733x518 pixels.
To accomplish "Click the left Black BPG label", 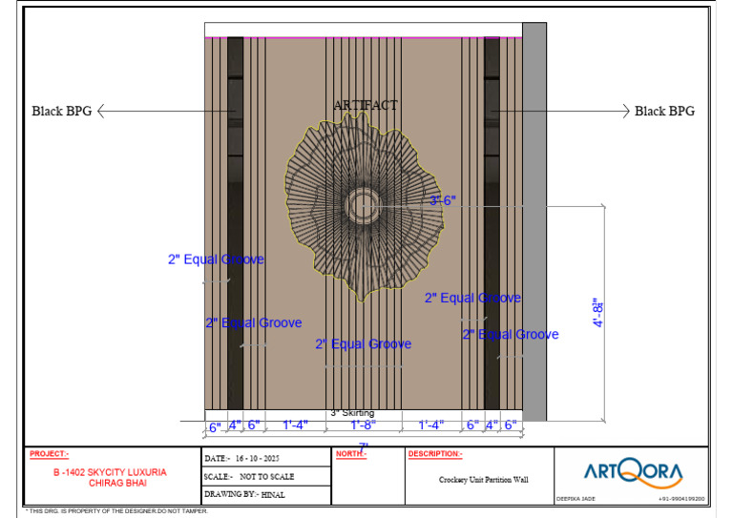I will (62, 112).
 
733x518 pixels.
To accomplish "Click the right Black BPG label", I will (664, 112).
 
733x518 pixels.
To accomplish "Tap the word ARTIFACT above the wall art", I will (366, 105).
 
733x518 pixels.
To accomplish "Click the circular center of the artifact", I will (362, 204).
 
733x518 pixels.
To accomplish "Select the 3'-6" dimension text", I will (443, 200).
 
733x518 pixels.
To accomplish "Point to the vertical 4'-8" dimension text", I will (599, 312).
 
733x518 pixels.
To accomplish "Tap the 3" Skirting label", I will (352, 413).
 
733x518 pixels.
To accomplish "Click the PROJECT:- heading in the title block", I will (49, 454).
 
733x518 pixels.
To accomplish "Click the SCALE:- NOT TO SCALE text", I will (249, 476).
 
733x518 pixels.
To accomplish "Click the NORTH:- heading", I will (351, 454).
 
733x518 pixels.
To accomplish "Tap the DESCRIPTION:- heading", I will (435, 454).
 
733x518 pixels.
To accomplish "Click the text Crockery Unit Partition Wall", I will (483, 480).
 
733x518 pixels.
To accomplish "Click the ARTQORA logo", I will (633, 471).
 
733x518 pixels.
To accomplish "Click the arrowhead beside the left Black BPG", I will (102, 112).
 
